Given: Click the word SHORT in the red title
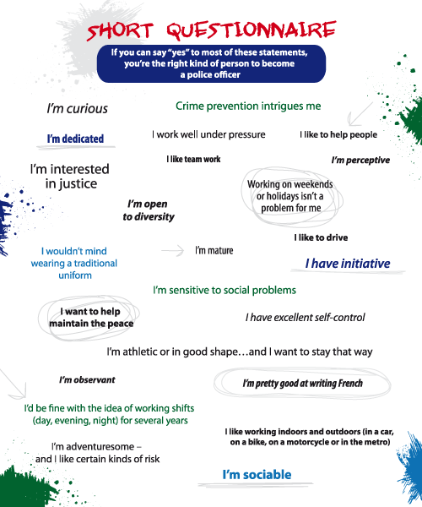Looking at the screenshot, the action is click(x=120, y=31).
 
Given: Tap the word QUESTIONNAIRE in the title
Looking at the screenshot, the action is click(x=252, y=30).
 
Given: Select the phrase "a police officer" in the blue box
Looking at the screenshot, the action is click(x=210, y=74).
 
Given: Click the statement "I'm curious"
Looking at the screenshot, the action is click(x=77, y=109).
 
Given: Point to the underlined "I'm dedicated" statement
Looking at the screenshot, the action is click(x=75, y=139).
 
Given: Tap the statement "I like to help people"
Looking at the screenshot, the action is click(x=338, y=134).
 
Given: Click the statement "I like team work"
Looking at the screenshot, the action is click(x=193, y=159).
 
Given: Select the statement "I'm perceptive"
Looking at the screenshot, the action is click(x=360, y=160).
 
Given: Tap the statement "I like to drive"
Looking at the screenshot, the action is click(x=321, y=237).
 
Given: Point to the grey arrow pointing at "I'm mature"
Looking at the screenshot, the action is click(x=173, y=251).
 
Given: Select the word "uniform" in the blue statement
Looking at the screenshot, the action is click(x=75, y=275).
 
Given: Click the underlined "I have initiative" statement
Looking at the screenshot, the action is click(x=348, y=264).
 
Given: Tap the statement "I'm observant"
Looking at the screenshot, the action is click(x=87, y=379).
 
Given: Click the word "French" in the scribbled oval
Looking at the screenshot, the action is click(x=349, y=383).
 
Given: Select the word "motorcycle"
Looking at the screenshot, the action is click(x=308, y=442).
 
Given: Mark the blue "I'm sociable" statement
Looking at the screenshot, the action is click(x=257, y=475).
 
